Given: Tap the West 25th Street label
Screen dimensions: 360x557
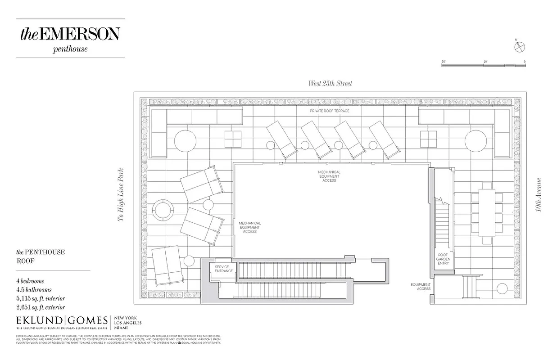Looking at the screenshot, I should [330, 83].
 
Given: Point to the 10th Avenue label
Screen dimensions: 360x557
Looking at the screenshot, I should [539, 195].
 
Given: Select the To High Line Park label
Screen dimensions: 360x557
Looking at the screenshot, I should [120, 195].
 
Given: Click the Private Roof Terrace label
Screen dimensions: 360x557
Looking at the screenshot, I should [329, 111].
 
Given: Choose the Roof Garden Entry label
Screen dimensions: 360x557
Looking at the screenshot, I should [443, 259].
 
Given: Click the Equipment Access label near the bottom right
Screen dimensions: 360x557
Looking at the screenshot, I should [420, 287].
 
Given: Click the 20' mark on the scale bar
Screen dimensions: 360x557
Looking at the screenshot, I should [444, 61].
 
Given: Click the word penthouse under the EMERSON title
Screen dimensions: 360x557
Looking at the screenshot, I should [70, 49].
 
